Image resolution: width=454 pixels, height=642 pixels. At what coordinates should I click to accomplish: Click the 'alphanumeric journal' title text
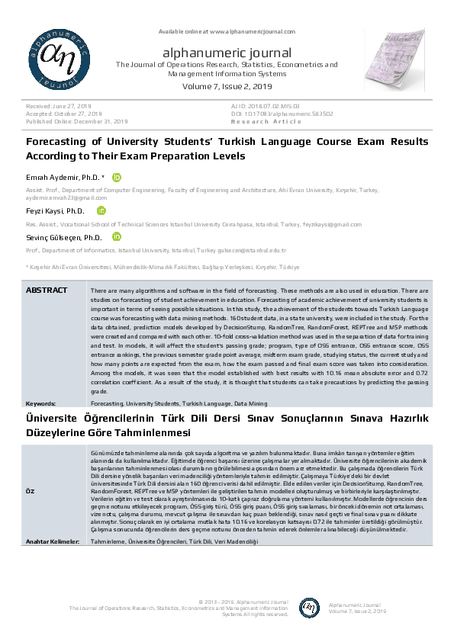227,53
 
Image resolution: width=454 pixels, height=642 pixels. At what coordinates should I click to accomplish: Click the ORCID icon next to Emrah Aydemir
117,177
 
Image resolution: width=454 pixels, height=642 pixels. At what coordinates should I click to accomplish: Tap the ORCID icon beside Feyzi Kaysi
101,210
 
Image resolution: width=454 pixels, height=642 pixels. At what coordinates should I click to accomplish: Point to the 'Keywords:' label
40,402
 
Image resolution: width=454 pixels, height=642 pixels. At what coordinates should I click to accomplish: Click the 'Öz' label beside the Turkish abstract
31,490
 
